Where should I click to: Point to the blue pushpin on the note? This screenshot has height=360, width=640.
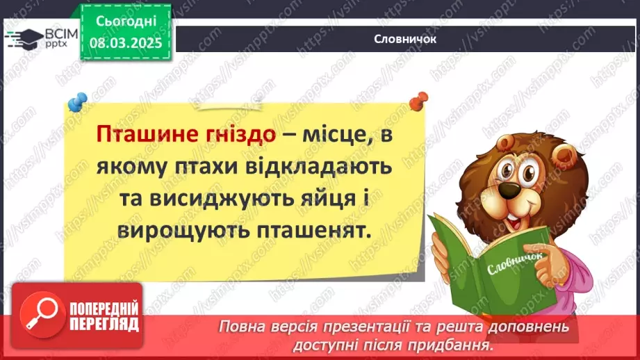(77, 101)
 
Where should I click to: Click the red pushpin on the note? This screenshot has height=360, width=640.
(418, 101)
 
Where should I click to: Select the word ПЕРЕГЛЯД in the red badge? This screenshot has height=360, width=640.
(104, 323)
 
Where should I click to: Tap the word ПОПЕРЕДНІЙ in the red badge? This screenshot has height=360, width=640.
(104, 307)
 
